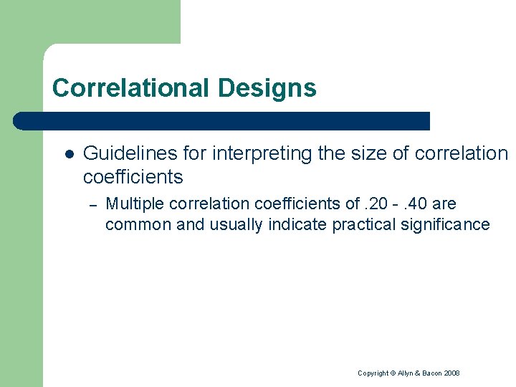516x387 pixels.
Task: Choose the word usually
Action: point(236,224)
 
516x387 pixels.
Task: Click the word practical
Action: point(363,224)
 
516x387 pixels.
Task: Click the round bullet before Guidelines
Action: point(70,153)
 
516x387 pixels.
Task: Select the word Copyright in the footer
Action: point(372,373)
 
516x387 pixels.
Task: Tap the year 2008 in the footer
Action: point(451,373)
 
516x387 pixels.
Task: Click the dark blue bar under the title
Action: point(222,120)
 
